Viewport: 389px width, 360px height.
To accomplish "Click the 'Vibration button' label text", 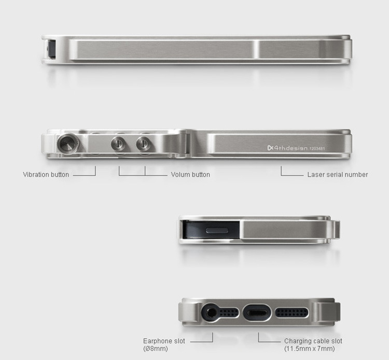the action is [x=46, y=175].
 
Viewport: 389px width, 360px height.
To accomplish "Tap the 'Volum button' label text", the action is [x=190, y=175].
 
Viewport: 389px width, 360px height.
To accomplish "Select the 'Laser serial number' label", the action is [x=338, y=175].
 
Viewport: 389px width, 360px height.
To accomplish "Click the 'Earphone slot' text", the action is [x=164, y=341].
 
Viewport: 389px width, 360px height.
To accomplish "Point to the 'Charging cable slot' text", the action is [x=313, y=341].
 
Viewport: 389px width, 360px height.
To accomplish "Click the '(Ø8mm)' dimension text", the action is [x=155, y=349].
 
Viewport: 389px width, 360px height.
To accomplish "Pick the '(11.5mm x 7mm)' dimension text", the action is [x=309, y=349].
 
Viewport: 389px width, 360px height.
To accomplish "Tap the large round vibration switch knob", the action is [x=68, y=143].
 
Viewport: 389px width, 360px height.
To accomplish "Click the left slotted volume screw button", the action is [x=118, y=144].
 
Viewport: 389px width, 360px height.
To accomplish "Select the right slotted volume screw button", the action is [x=143, y=144].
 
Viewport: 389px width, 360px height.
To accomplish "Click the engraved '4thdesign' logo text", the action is [x=287, y=148].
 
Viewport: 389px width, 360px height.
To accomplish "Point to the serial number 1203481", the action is [x=317, y=148].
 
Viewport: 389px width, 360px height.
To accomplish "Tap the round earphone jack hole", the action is [x=211, y=312].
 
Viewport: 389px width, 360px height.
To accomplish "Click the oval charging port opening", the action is [x=257, y=312].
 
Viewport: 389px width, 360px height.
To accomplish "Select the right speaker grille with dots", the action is [x=291, y=313].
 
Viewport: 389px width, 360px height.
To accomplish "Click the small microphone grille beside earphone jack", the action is [x=229, y=313].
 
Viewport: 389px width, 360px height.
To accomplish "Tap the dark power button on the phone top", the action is [x=217, y=230].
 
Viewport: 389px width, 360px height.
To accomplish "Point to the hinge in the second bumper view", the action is [x=186, y=144].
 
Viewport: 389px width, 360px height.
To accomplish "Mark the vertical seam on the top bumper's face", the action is [x=256, y=50].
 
